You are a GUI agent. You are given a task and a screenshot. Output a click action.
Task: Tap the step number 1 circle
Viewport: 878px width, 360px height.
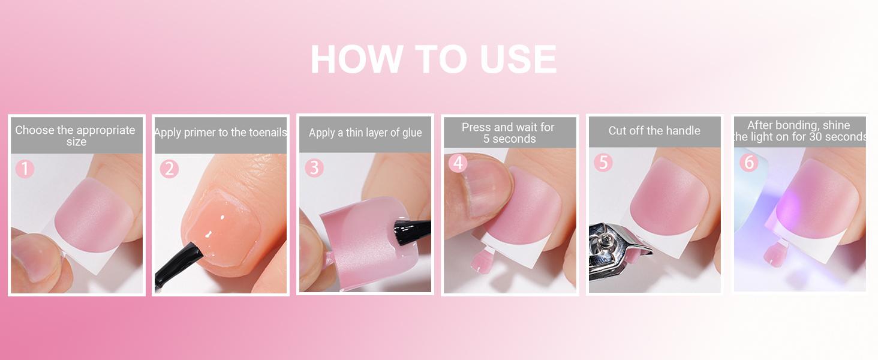click(25, 169)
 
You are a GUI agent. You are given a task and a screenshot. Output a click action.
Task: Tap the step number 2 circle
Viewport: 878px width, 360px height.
click(169, 169)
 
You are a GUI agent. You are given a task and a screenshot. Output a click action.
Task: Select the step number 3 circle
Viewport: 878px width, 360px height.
click(314, 168)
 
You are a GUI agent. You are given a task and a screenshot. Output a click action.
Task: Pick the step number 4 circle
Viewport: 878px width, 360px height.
click(458, 163)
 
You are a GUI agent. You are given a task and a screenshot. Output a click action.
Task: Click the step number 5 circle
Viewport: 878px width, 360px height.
click(603, 163)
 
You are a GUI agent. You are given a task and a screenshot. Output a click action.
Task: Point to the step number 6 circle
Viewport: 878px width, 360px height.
click(748, 162)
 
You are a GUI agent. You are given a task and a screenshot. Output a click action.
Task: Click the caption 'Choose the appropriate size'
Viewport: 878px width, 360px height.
click(76, 136)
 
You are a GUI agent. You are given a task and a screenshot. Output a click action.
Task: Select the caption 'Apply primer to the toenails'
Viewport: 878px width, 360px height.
click(220, 133)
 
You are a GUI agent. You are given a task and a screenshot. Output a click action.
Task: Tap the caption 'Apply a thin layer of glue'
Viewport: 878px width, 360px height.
click(365, 133)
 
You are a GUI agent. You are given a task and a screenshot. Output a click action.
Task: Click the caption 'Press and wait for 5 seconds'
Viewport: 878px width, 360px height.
click(509, 133)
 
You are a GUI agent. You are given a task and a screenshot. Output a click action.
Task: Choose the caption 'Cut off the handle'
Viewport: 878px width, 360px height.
click(654, 131)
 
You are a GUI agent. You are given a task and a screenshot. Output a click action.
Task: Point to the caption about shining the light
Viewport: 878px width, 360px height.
click(799, 131)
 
